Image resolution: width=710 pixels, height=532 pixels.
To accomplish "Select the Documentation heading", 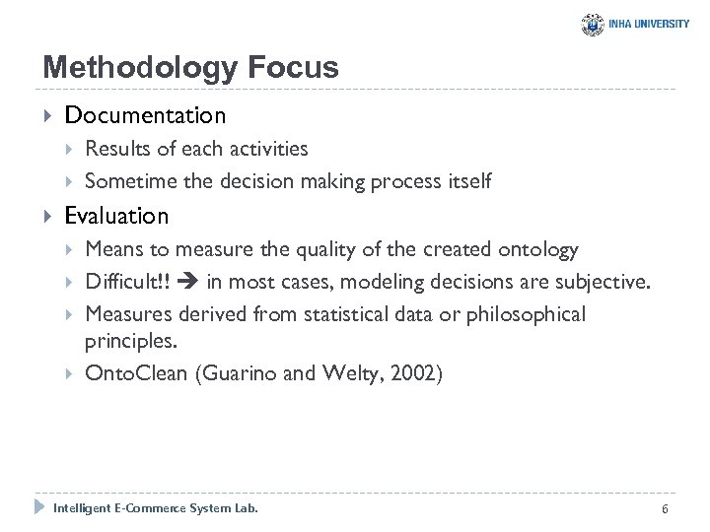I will click(x=145, y=115).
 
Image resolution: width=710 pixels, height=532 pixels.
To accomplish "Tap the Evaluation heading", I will click(x=116, y=215).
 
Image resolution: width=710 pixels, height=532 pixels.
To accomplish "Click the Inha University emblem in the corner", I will click(x=593, y=25).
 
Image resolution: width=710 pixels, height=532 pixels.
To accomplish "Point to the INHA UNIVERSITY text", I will click(x=650, y=25).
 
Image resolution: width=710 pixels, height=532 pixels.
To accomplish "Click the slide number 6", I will click(x=666, y=508).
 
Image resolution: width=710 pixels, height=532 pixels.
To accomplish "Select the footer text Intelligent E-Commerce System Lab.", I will click(x=155, y=508).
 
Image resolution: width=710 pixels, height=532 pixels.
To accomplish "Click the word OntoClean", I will click(x=131, y=373).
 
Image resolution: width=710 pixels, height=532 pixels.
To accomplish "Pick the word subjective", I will click(x=602, y=283).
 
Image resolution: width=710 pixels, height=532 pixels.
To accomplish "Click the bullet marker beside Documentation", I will click(x=48, y=116).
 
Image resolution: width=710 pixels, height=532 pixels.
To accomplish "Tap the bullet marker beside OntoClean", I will click(x=70, y=374).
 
